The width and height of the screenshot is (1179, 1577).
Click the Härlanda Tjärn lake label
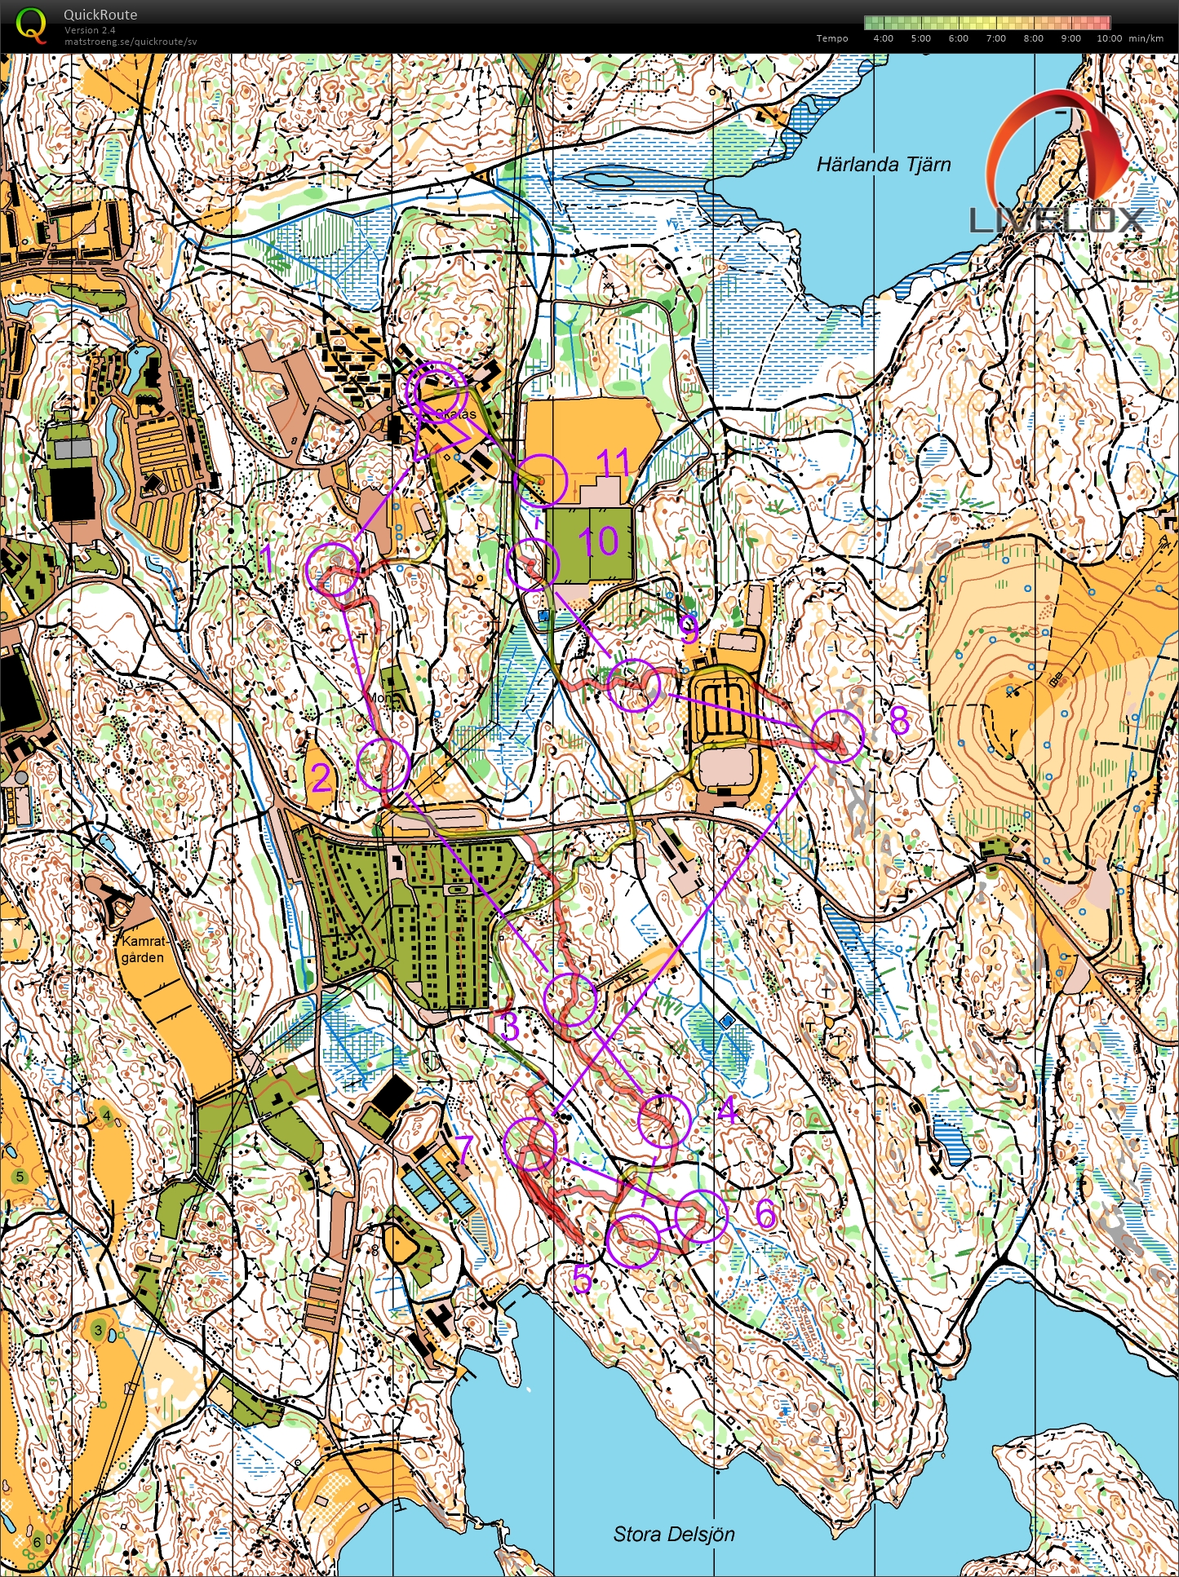[x=884, y=165]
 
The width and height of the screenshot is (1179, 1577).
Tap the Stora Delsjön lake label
[x=674, y=1534]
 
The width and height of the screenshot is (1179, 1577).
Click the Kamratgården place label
[x=143, y=949]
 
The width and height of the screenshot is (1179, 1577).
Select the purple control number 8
[x=898, y=720]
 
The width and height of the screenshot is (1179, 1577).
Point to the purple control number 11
[x=613, y=462]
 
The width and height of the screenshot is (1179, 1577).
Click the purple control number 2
[x=321, y=778]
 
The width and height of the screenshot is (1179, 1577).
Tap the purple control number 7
[x=464, y=1150]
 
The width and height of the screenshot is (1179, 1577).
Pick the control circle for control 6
[x=701, y=1216]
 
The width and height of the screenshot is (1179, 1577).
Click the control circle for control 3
[x=570, y=999]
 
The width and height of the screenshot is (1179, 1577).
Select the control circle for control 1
[x=333, y=568]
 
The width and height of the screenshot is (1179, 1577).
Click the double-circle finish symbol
[x=436, y=391]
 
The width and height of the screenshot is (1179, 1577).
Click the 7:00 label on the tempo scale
[x=995, y=38]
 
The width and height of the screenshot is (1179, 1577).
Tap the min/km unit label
[x=1146, y=38]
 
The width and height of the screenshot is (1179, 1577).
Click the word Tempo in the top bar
[x=832, y=38]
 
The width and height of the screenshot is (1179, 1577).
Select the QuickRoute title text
[x=100, y=15]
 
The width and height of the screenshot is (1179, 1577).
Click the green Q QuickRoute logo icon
[x=30, y=24]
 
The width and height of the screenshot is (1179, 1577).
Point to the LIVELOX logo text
[x=1057, y=220]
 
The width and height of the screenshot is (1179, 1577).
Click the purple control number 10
[x=598, y=541]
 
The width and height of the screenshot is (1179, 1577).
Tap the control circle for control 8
[x=838, y=735]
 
